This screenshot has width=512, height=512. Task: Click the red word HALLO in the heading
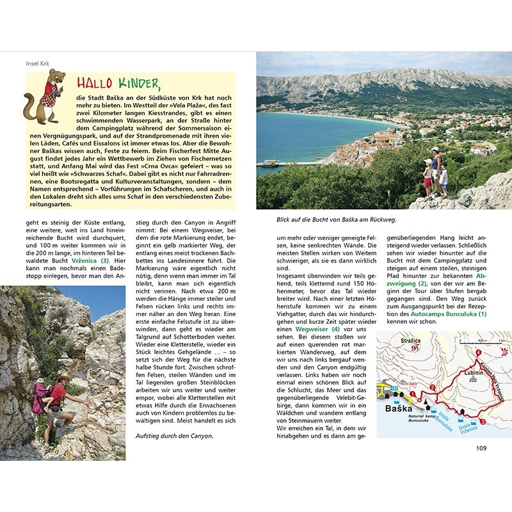[x=94, y=83]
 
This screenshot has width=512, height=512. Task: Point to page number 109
[x=481, y=447]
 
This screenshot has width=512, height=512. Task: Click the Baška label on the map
[x=394, y=407]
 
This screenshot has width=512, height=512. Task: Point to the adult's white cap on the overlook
[x=436, y=150]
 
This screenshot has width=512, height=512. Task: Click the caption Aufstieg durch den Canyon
[x=173, y=436]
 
